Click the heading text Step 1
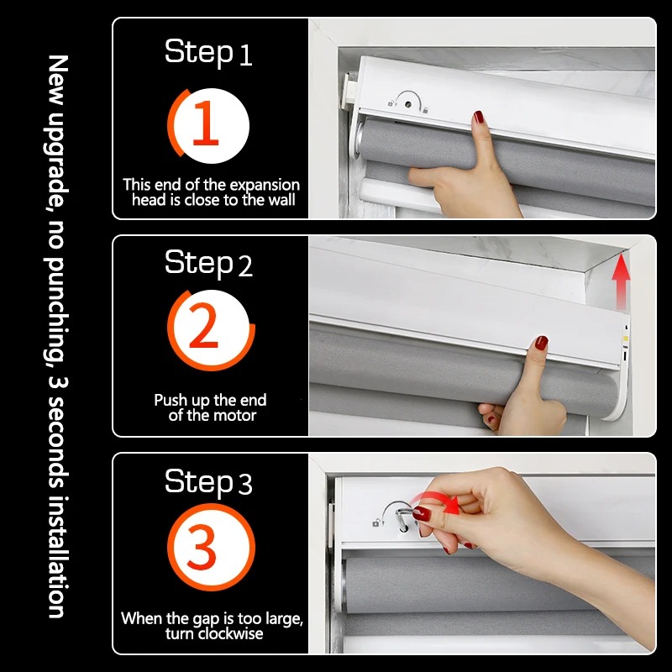tap(208, 52)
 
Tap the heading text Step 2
tap(208, 263)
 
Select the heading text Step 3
tap(208, 481)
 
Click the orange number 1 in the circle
tap(206, 123)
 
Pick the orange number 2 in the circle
tap(204, 326)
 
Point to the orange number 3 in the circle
tap(202, 548)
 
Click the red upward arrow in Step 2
tap(621, 281)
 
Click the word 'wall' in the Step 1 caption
tap(281, 200)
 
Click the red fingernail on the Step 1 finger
tap(478, 117)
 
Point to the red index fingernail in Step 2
tap(541, 343)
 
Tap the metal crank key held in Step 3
tap(404, 517)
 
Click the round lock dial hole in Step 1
tap(408, 104)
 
